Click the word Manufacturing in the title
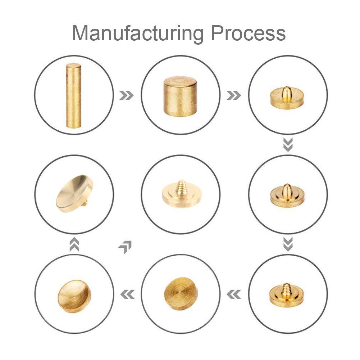(138, 33)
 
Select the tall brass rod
(73, 95)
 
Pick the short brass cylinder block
(180, 96)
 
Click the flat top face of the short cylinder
(180, 81)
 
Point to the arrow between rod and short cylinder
(127, 95)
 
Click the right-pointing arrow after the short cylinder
(234, 95)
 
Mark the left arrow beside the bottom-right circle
(234, 294)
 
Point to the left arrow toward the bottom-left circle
(127, 294)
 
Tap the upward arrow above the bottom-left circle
(74, 244)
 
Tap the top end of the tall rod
(73, 65)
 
